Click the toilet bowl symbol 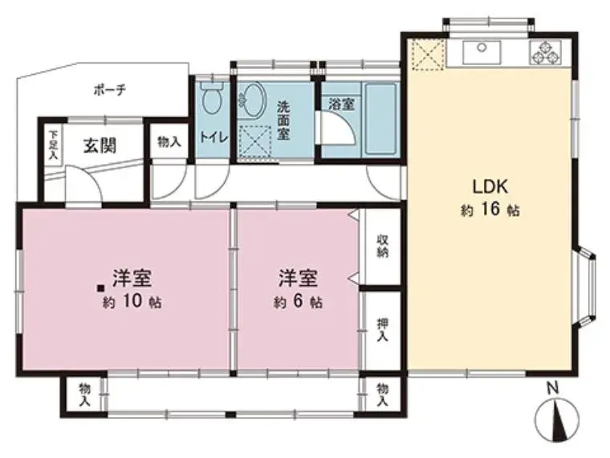[212, 97]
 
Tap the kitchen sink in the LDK [482, 52]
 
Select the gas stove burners [546, 52]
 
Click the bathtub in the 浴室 [381, 119]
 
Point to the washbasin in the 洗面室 [252, 100]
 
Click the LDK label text [490, 187]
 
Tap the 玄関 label [100, 146]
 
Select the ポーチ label [110, 90]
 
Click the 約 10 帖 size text [132, 301]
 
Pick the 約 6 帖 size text [298, 301]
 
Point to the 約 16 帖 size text [490, 210]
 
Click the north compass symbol [557, 416]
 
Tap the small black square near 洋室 [101, 288]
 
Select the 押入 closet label [383, 329]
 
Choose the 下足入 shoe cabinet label [52, 145]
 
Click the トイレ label [213, 137]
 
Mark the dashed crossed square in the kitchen [428, 55]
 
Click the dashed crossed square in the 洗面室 [254, 141]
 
